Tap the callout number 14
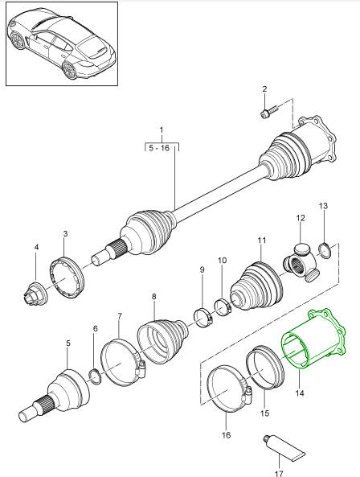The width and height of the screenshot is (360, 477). (301, 394)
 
